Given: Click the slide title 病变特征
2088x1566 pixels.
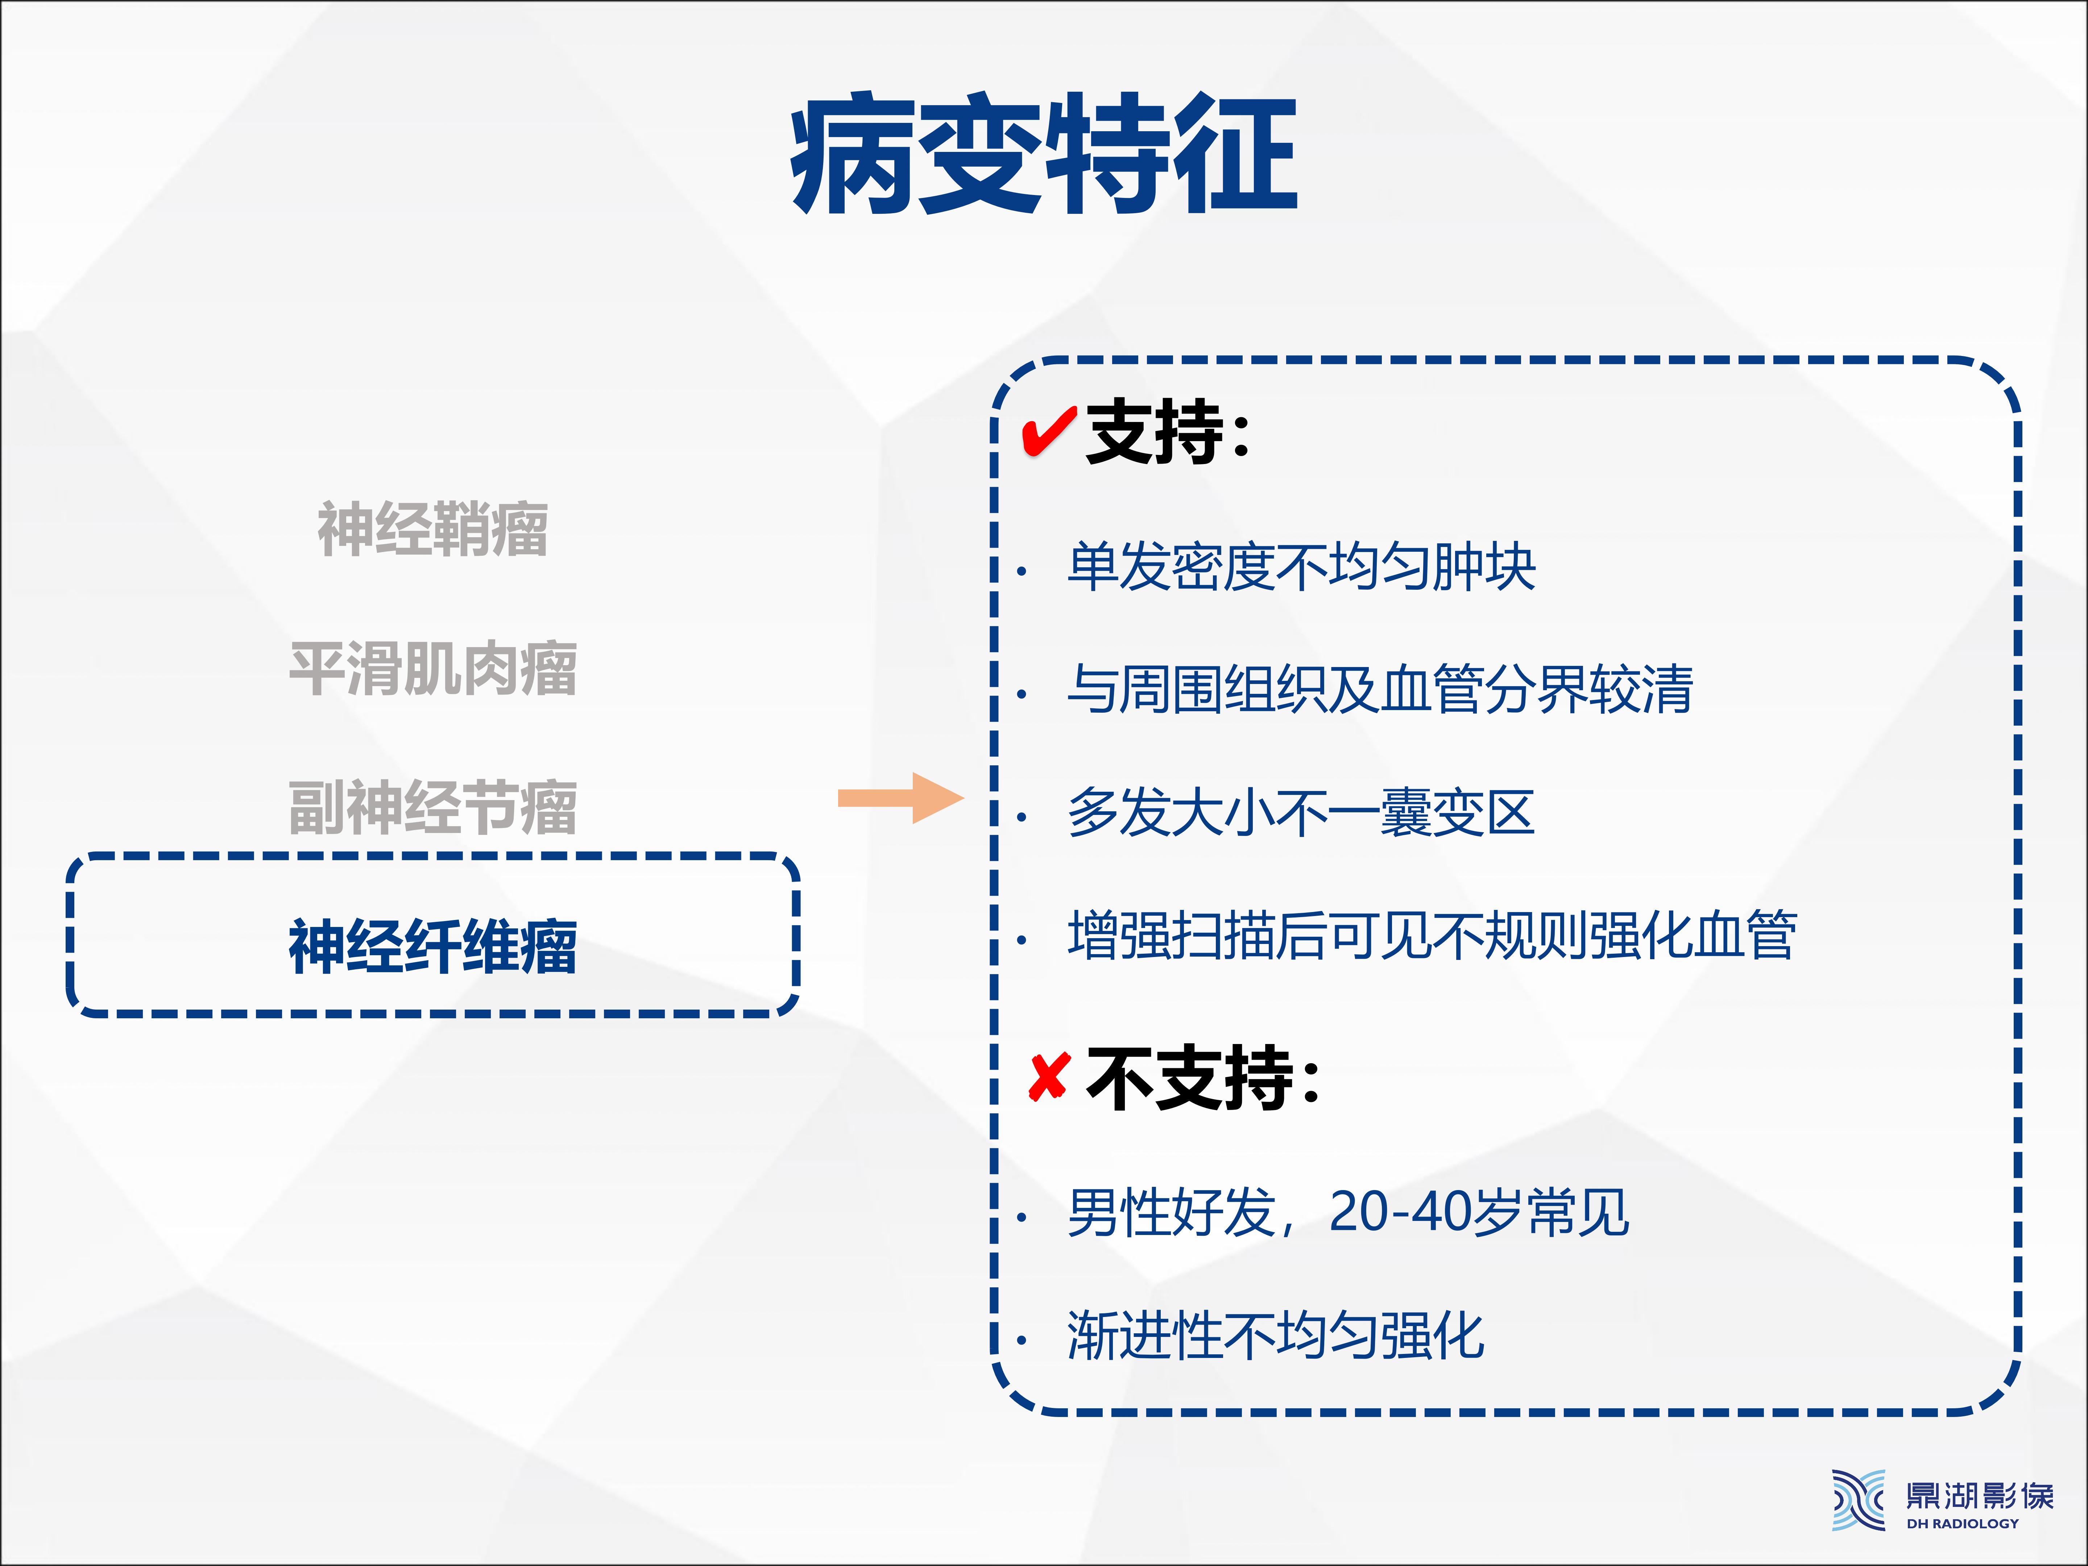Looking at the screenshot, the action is point(1044,154).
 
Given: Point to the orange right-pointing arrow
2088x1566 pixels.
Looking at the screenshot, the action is point(900,799).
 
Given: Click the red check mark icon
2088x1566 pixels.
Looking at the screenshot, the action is point(1049,433).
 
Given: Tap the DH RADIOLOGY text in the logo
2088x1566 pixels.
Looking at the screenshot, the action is point(1963,1522).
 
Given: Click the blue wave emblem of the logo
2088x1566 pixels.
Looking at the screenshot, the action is point(1859,1499).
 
